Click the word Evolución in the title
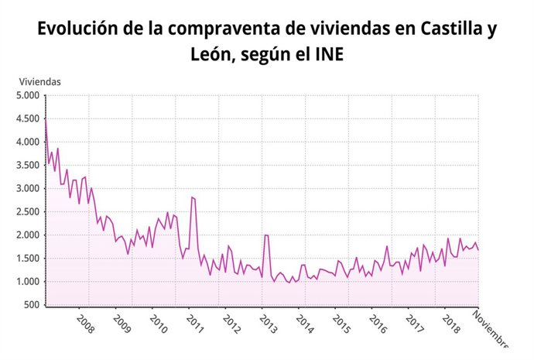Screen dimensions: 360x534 point(76,29)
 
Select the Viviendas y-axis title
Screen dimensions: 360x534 point(40,81)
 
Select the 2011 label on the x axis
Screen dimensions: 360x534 point(195,323)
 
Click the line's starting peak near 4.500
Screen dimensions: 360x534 point(46,118)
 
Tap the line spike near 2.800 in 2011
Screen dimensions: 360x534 point(192,197)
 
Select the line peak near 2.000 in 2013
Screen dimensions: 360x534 point(265,235)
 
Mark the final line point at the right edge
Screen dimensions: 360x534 point(478,249)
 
